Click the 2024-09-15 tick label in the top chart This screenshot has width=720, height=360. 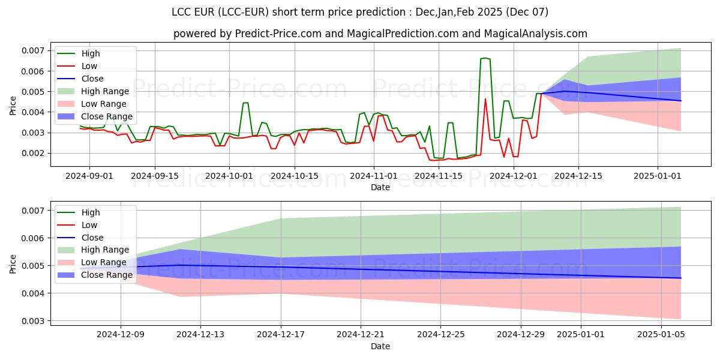pos(155,176)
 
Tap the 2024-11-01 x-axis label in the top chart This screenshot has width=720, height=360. pos(374,176)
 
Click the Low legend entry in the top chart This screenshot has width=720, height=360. pos(89,66)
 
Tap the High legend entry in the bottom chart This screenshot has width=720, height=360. pos(91,212)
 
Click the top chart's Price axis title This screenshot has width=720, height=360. pos(13,106)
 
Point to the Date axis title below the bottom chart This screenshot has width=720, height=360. pos(380,346)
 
